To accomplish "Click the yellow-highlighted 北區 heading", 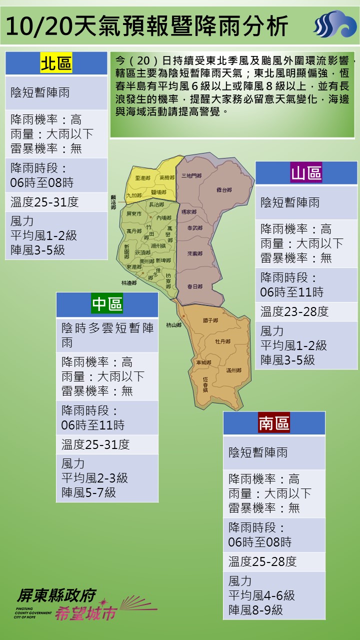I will (56, 63).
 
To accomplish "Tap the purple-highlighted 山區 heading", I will (306, 173).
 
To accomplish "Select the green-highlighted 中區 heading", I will (107, 304).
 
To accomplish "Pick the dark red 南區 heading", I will (274, 423).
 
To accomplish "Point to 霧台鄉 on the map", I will (224, 190).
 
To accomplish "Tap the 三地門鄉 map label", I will (191, 175).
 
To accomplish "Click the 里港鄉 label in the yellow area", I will (142, 178).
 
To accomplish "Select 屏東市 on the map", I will (134, 214).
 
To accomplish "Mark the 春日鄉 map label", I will (194, 286).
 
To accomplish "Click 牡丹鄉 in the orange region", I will (222, 341).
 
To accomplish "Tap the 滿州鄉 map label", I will (233, 370).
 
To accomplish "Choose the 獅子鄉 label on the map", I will (210, 320).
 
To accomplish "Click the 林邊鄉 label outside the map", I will (128, 283).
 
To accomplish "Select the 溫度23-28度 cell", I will (294, 311).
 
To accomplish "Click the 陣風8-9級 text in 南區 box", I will (255, 610).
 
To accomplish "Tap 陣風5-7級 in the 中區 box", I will (88, 492).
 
